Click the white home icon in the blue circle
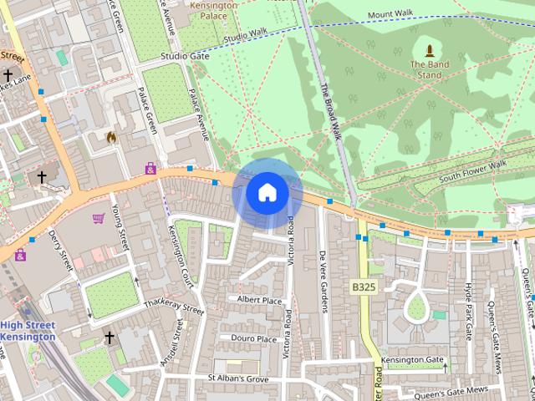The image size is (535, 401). [267, 193]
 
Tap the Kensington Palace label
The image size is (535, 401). [213, 11]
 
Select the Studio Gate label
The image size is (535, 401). [184, 57]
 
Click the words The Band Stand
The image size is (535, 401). [430, 69]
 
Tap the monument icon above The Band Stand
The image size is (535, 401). [430, 49]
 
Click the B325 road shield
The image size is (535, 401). [363, 287]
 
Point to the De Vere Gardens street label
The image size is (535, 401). [323, 282]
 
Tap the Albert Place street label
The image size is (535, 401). [259, 299]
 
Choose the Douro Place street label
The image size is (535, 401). [254, 339]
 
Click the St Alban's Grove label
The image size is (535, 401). [238, 379]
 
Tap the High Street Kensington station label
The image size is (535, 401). [28, 331]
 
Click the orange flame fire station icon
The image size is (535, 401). [111, 136]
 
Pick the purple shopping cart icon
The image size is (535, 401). [99, 219]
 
